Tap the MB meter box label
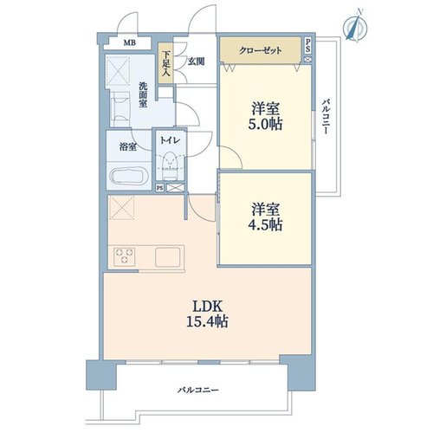pos(130,43)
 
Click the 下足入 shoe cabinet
pos(165,63)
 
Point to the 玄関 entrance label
pos(197,61)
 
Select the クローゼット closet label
pos(261,50)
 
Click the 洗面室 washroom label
pos(143,95)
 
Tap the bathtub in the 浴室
pos(129,175)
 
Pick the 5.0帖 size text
pos(265,125)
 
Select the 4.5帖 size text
pos(265,224)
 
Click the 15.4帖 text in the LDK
pos(207,321)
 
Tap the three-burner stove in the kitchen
pos(125,256)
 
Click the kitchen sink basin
pos(168,257)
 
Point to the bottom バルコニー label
pos(198,391)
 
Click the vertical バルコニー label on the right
pos(326,117)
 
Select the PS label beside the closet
pos(307,46)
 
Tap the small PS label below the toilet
pos(159,188)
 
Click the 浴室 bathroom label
pos(128,147)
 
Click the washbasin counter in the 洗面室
pos(120,109)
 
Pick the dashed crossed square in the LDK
pos(121,207)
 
